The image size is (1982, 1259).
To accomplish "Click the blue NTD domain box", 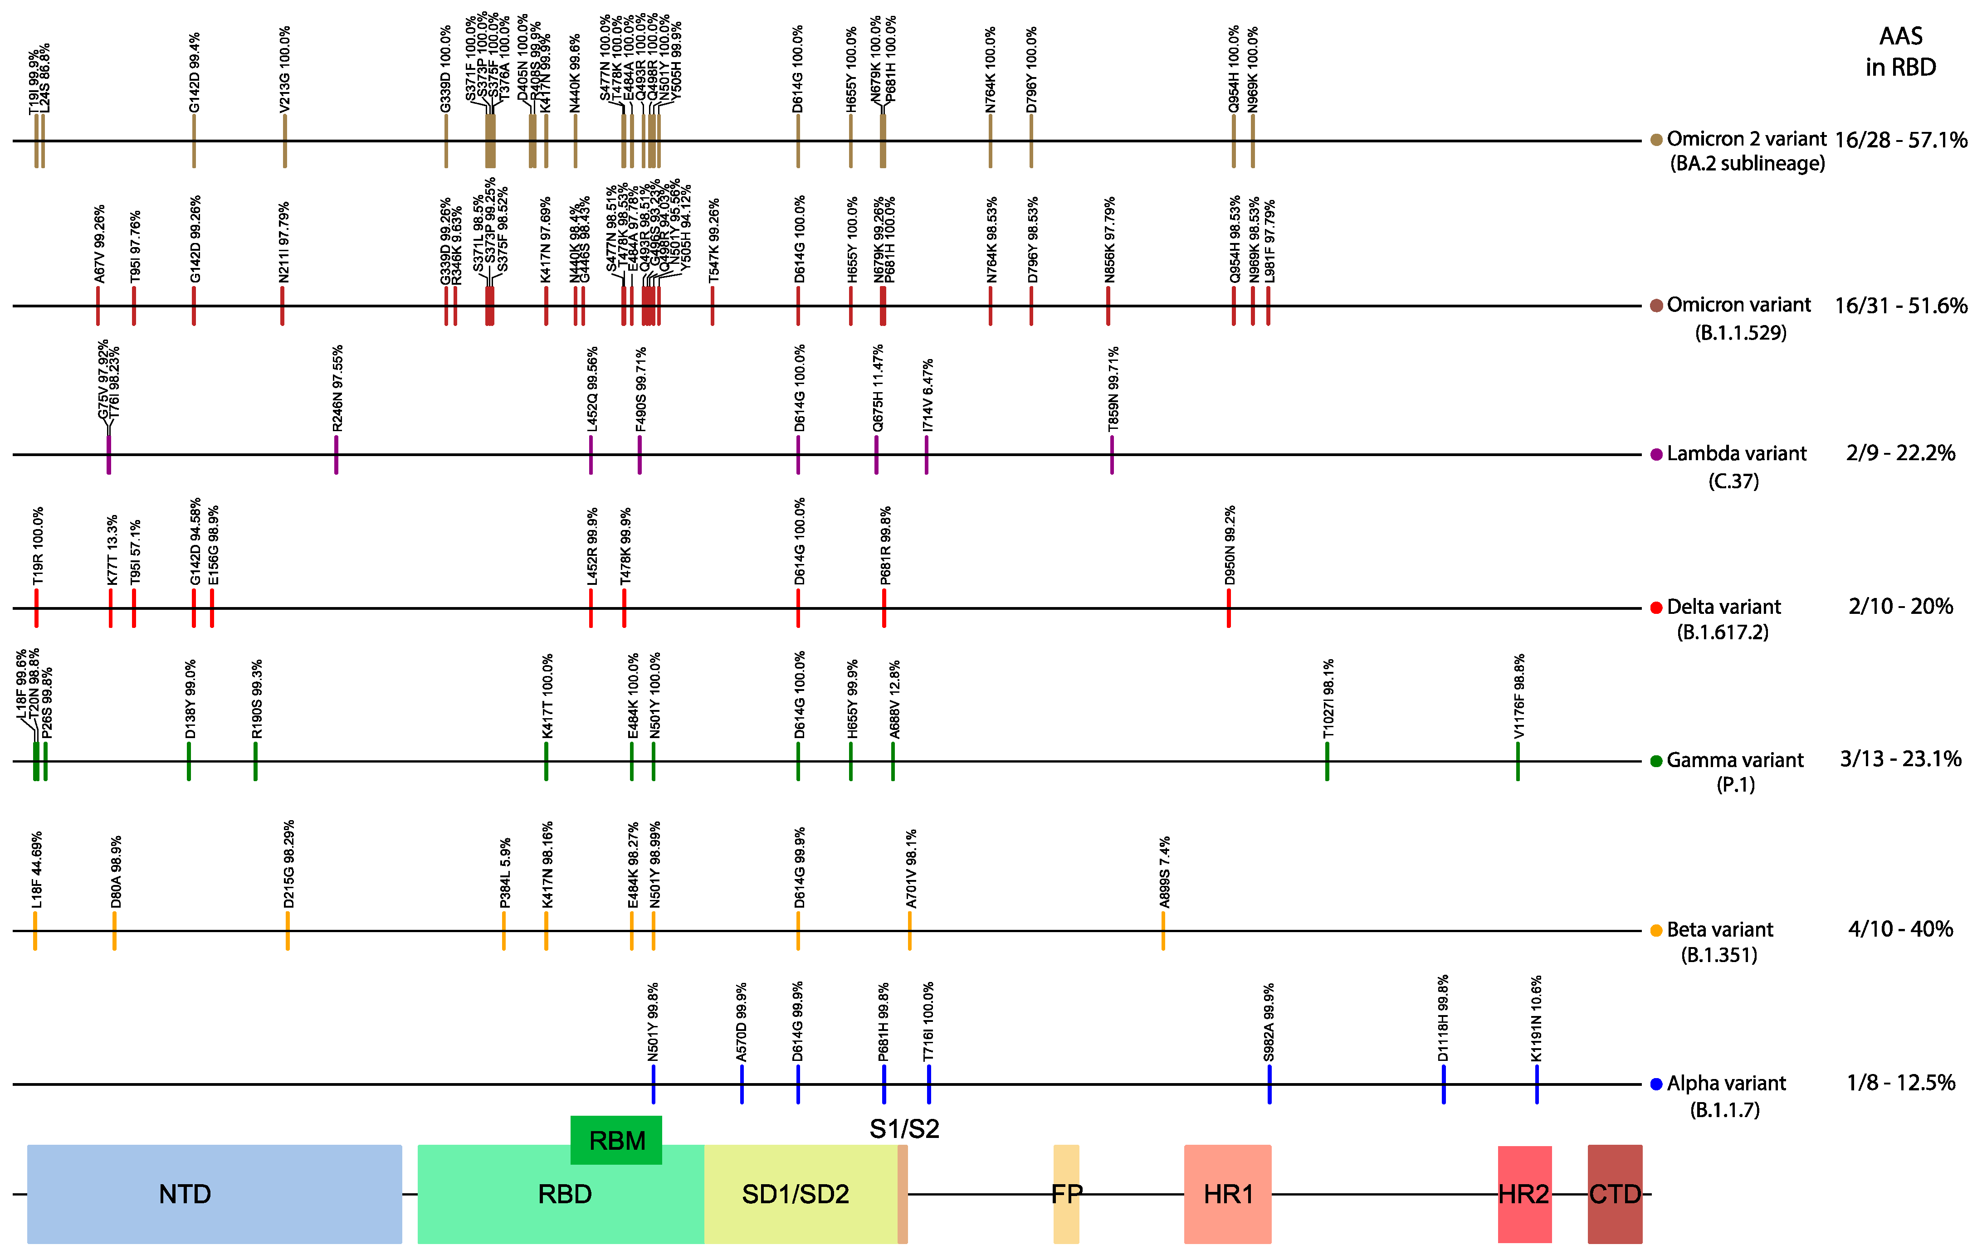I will click(x=214, y=1193).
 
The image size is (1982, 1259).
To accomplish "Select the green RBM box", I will click(x=615, y=1140).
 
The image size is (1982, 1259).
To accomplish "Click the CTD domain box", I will click(x=1614, y=1193).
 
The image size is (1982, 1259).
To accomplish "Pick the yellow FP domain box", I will click(x=1066, y=1193).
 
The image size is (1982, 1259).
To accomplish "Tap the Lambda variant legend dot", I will click(x=1656, y=454).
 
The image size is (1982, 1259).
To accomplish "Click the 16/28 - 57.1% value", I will click(x=1900, y=140).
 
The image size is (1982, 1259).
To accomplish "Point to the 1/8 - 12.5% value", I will click(x=1900, y=1083).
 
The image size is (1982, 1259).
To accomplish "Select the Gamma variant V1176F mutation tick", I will click(x=1518, y=761).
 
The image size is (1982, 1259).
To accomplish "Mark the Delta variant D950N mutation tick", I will click(x=1229, y=608).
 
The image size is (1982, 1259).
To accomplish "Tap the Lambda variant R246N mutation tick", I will click(x=336, y=454).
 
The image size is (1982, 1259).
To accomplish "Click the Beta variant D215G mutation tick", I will click(x=287, y=931).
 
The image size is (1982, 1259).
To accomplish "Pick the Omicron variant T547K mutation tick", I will click(x=712, y=305).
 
